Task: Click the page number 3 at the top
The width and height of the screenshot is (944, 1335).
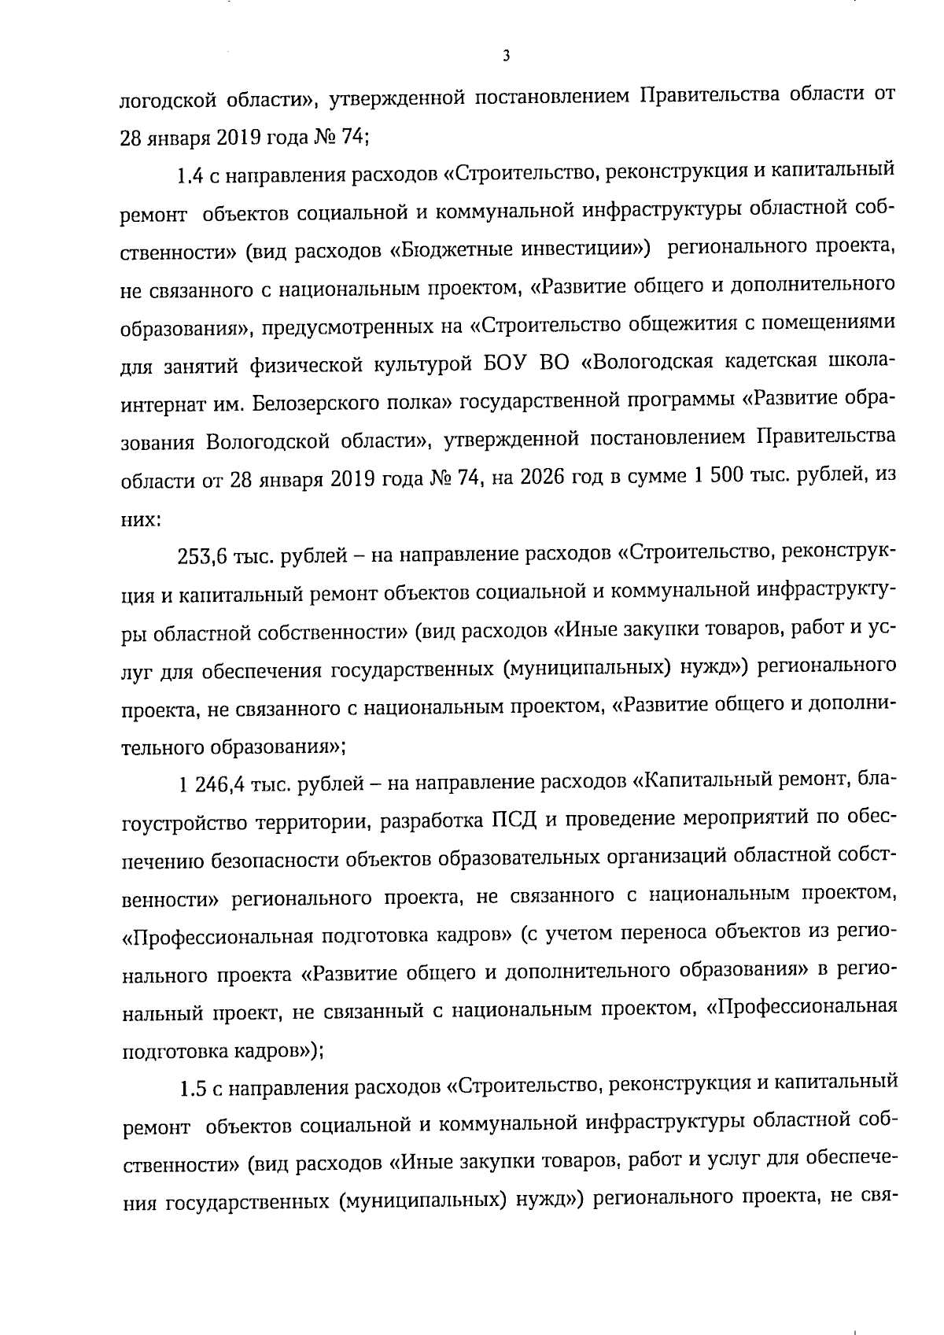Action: (506, 57)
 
